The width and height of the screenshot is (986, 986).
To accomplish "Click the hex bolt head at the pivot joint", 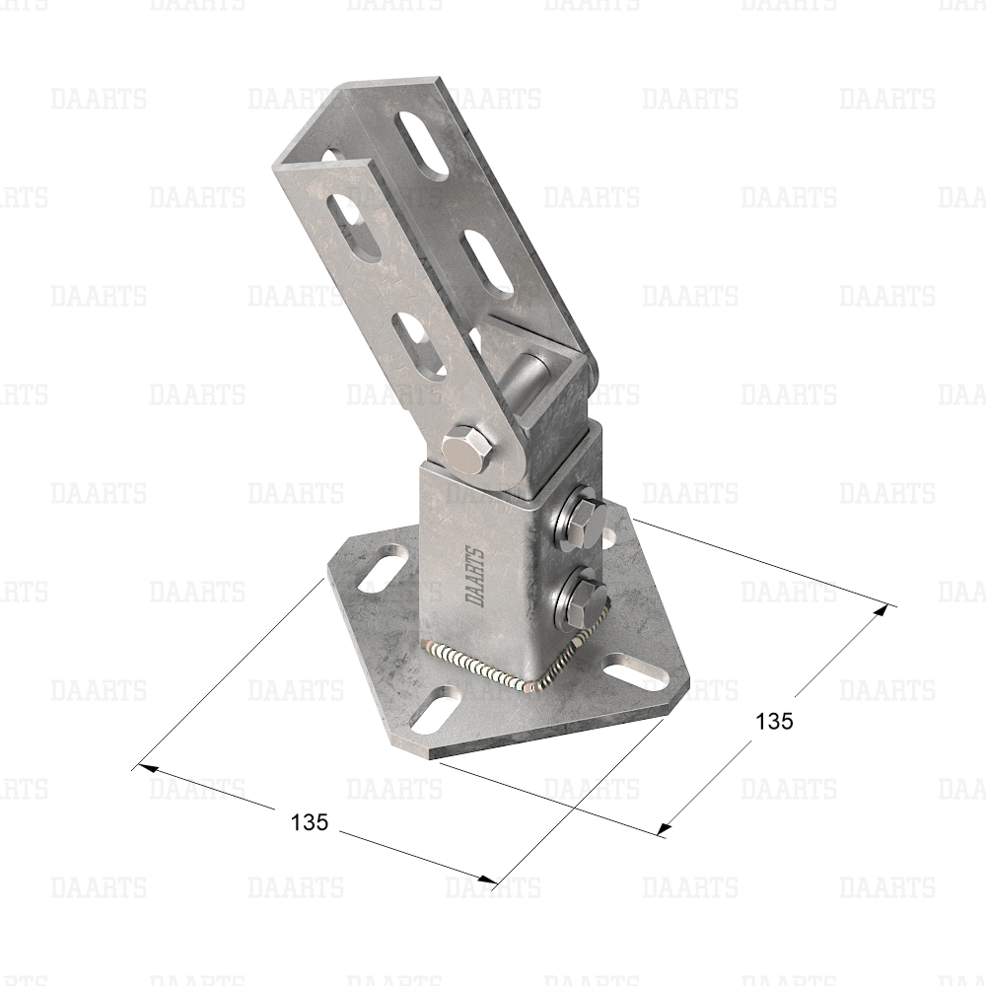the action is (465, 451).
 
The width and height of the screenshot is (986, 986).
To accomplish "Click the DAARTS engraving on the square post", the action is (475, 577).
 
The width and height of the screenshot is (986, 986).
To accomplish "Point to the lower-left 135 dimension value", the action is (310, 821).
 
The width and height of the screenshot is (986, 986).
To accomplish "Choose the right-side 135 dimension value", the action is (774, 722).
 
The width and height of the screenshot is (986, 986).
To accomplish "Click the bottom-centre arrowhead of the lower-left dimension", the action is (487, 880).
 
